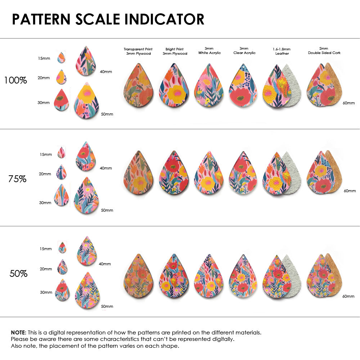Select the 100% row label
pos(15,80)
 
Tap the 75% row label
pos(17,179)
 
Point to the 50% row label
pos(18,274)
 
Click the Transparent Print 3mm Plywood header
pos(138,51)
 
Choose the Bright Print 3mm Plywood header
pos(175,51)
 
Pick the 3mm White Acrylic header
pos(210,51)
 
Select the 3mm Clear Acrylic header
pos(244,51)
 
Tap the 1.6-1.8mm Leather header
pos(282,51)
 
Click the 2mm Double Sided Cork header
pos(324,51)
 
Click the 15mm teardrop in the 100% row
pos(61,58)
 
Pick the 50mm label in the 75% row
pos(107,210)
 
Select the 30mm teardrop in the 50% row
pos(63,290)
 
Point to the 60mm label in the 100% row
pos(348,103)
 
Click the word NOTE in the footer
pos(18,332)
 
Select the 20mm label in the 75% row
pos(45,174)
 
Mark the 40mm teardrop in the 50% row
pos(87,251)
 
